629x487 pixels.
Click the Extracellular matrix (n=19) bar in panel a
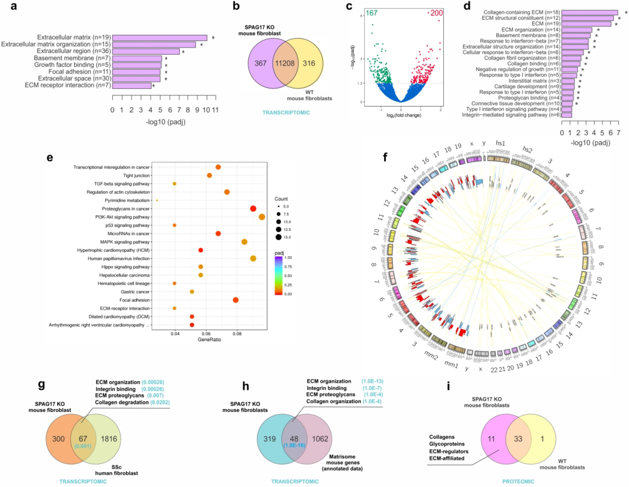coord(159,38)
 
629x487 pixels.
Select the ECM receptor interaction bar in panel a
coord(132,85)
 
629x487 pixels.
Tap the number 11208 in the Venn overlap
coord(285,63)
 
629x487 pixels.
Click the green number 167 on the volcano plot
coord(371,13)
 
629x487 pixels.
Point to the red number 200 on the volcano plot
coord(436,13)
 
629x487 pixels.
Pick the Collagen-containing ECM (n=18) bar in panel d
coord(589,13)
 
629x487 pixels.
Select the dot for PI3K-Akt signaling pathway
coord(262,217)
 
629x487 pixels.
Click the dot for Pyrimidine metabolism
coord(157,200)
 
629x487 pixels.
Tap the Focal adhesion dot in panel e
coord(236,300)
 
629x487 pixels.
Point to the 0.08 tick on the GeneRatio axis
coord(237,334)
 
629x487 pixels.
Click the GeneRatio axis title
coord(209,340)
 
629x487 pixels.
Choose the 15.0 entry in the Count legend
coord(279,237)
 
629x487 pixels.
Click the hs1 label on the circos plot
coord(500,143)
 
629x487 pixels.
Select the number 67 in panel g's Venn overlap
coord(83,439)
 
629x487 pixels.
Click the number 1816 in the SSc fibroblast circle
coord(109,439)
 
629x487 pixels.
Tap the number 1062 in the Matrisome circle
coord(320,439)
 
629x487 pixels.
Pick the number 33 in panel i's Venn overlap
coord(518,439)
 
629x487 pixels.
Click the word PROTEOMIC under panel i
coord(518,481)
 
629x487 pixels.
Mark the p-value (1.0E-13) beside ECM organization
coord(372,381)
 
